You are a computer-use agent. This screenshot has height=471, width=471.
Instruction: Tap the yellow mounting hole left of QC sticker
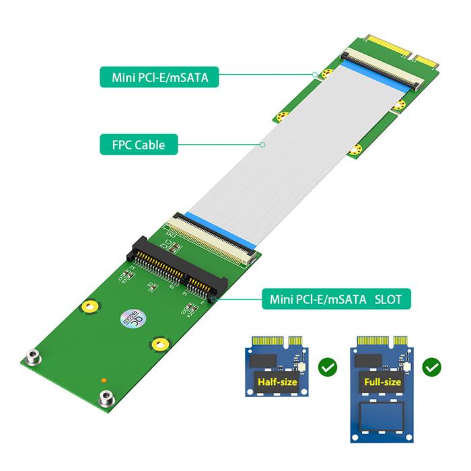click(x=87, y=307)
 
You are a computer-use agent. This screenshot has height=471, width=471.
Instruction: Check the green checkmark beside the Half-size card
click(x=326, y=367)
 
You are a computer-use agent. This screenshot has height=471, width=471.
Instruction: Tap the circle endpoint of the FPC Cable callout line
click(x=261, y=143)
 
